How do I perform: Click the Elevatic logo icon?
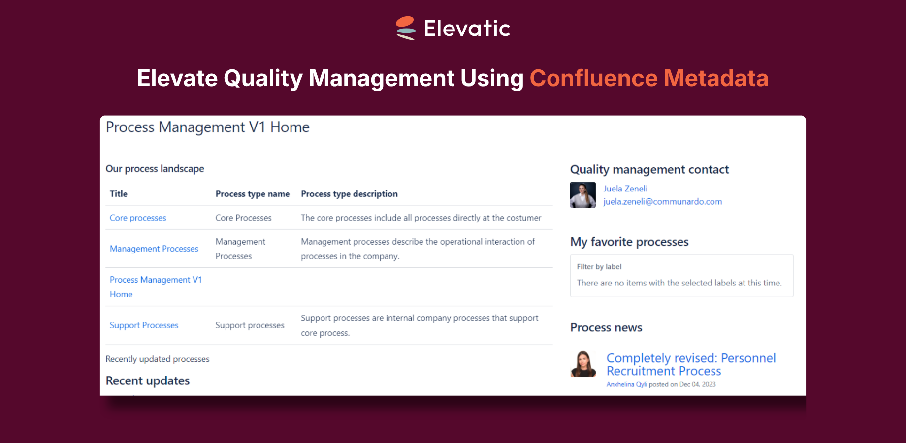point(406,28)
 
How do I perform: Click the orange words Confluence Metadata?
point(649,78)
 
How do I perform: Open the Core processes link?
point(138,218)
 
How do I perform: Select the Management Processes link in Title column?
point(154,249)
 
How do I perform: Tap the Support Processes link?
point(144,325)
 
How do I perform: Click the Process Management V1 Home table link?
point(156,286)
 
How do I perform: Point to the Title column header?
point(119,194)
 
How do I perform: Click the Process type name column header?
point(253,194)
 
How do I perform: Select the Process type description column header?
point(349,194)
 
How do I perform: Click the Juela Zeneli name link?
point(625,189)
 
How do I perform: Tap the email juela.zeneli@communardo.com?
point(663,201)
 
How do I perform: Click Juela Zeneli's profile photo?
point(583,195)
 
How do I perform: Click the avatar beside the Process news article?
point(583,364)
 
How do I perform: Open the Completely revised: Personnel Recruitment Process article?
point(691,364)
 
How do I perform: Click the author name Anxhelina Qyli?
point(627,384)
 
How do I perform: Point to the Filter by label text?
point(599,267)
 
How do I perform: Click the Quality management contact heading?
point(649,169)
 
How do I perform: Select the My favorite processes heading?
point(629,242)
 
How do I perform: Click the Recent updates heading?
point(148,380)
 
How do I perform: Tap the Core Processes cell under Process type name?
point(243,218)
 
